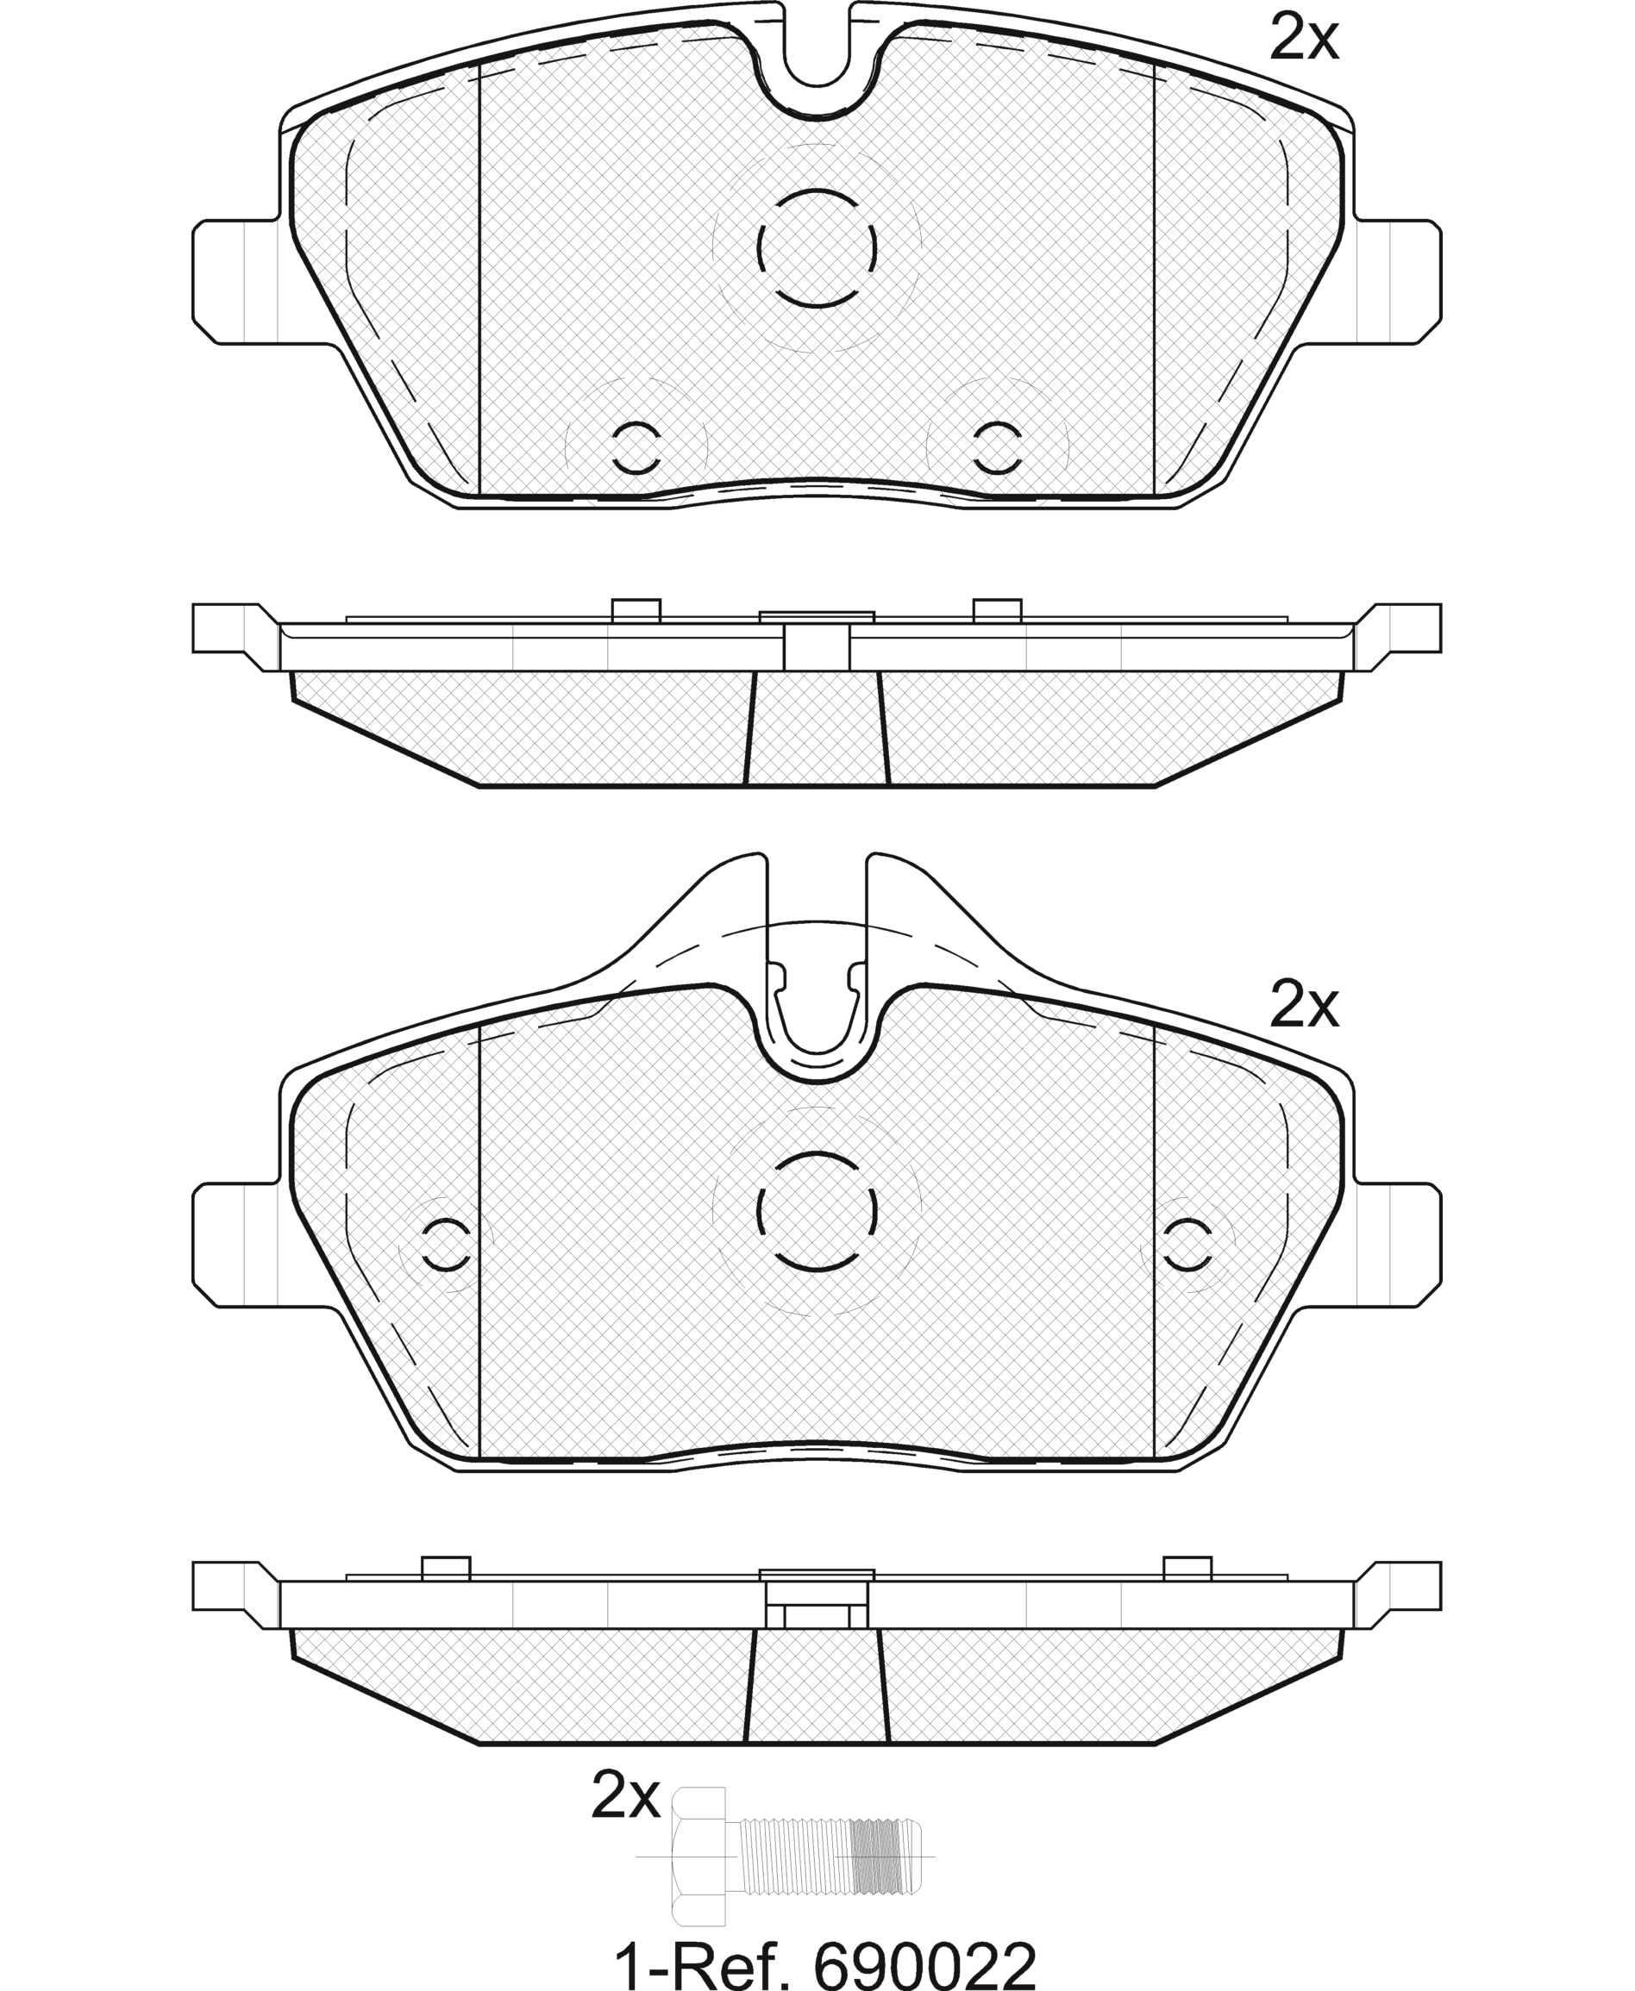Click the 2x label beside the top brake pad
[1304, 39]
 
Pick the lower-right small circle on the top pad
[998, 447]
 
